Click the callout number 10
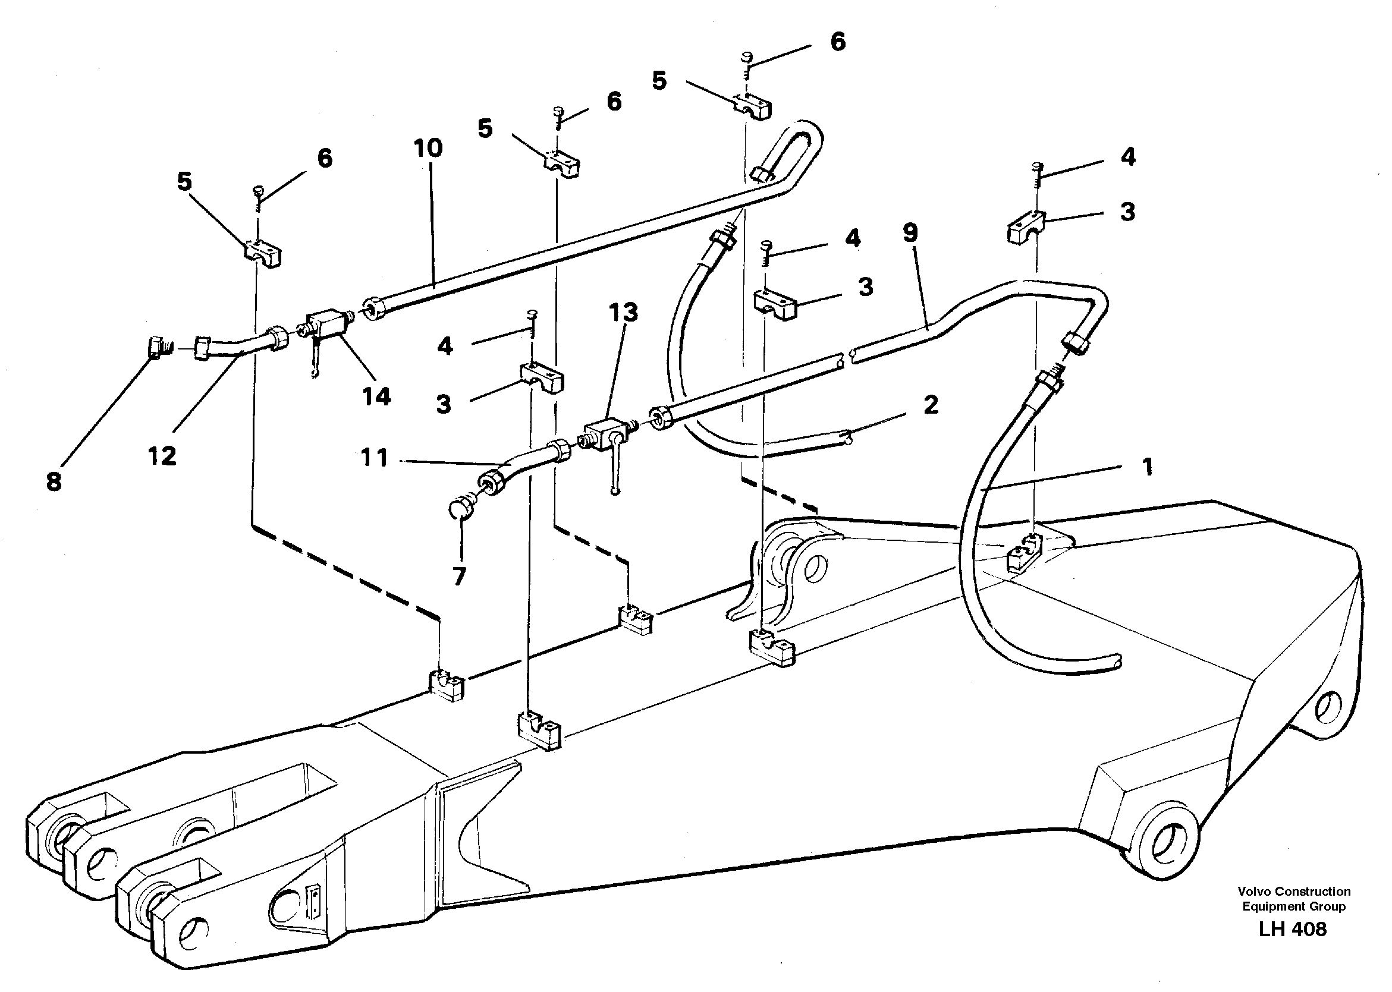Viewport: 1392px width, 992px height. click(x=428, y=149)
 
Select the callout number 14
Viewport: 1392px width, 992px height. click(x=376, y=397)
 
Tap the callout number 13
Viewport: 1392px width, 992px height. click(x=623, y=313)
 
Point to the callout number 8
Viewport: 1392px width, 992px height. click(x=54, y=482)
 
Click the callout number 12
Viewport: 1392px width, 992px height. click(x=162, y=456)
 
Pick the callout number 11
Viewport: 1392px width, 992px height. click(x=375, y=458)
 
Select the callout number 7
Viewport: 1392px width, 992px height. click(x=459, y=575)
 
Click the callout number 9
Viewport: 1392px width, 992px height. click(x=910, y=233)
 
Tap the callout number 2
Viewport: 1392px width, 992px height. click(x=931, y=404)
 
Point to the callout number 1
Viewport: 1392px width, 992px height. click(x=1147, y=467)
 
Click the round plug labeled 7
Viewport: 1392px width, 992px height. click(x=460, y=508)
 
